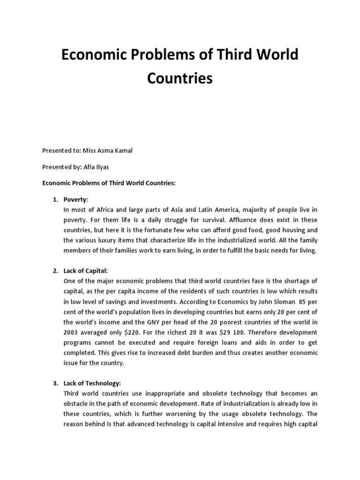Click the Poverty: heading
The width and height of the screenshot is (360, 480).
click(x=76, y=200)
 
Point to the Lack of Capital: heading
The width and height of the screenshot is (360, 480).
click(x=86, y=271)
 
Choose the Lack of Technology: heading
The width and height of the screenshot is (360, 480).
click(x=92, y=383)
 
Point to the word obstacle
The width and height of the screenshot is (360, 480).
click(x=76, y=404)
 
